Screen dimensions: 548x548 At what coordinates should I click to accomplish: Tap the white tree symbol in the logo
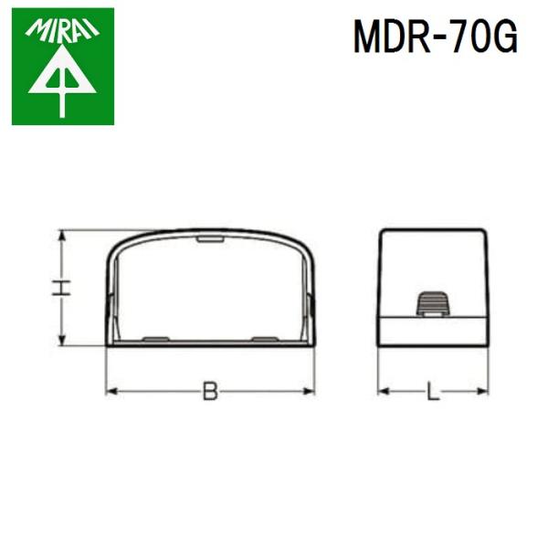(x=62, y=87)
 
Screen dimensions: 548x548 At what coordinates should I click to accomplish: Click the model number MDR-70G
(x=436, y=37)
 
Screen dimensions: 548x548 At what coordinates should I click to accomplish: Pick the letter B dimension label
(x=211, y=393)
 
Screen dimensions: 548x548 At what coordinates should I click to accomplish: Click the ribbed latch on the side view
(x=433, y=304)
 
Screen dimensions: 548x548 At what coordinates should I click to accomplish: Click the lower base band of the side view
(x=433, y=330)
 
